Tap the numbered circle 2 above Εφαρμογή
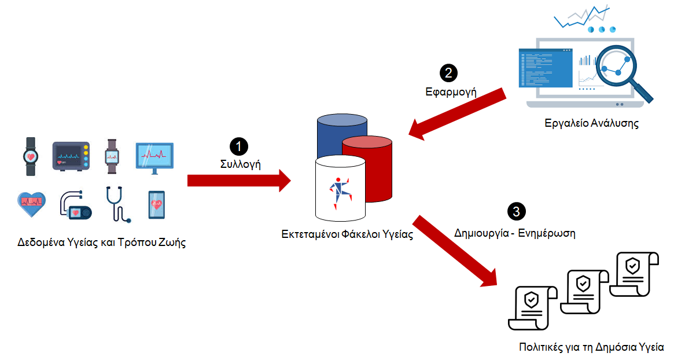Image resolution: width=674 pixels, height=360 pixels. coord(448,72)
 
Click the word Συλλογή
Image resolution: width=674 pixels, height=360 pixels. coord(240,164)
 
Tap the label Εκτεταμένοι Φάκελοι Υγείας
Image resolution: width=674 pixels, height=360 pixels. coord(347,235)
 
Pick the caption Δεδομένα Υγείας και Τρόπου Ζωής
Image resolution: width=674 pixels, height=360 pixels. coord(101,243)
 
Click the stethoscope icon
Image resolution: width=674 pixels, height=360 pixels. coord(117,204)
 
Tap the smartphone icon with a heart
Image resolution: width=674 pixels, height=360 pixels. coord(156,205)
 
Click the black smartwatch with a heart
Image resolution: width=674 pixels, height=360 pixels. coord(30,156)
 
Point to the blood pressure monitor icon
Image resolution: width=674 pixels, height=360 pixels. coord(75,205)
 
